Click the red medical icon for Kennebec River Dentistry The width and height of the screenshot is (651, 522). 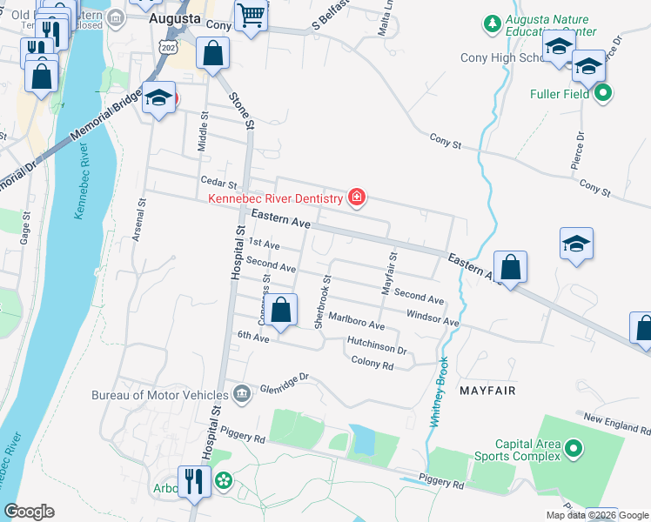(355, 198)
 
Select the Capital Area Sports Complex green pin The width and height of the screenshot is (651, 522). (573, 449)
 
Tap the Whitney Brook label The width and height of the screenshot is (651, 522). (440, 391)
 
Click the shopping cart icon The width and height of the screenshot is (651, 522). (251, 16)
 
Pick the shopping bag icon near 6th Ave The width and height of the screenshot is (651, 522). (281, 311)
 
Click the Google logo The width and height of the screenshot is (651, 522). (29, 512)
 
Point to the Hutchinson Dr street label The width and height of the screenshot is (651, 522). (377, 345)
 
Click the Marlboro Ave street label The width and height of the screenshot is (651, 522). (356, 320)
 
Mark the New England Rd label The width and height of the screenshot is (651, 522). (616, 424)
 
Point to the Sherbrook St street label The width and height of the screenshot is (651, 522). (322, 302)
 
